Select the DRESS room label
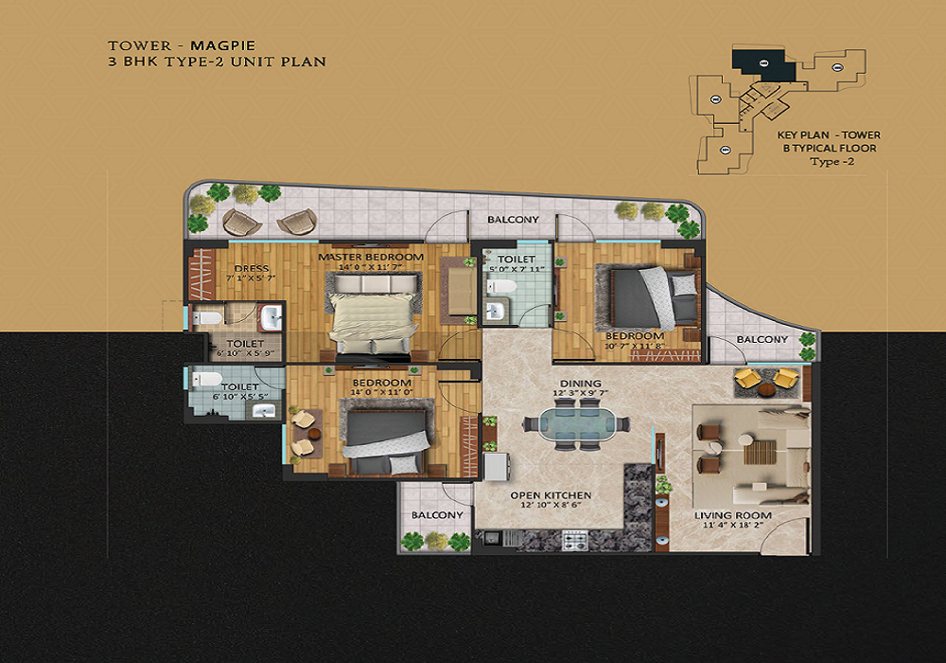(251, 268)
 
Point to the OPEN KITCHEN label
(551, 495)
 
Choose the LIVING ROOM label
(733, 515)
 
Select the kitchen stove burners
(575, 541)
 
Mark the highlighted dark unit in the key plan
(762, 64)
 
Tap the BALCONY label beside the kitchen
(437, 514)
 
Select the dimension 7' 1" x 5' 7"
(251, 279)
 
